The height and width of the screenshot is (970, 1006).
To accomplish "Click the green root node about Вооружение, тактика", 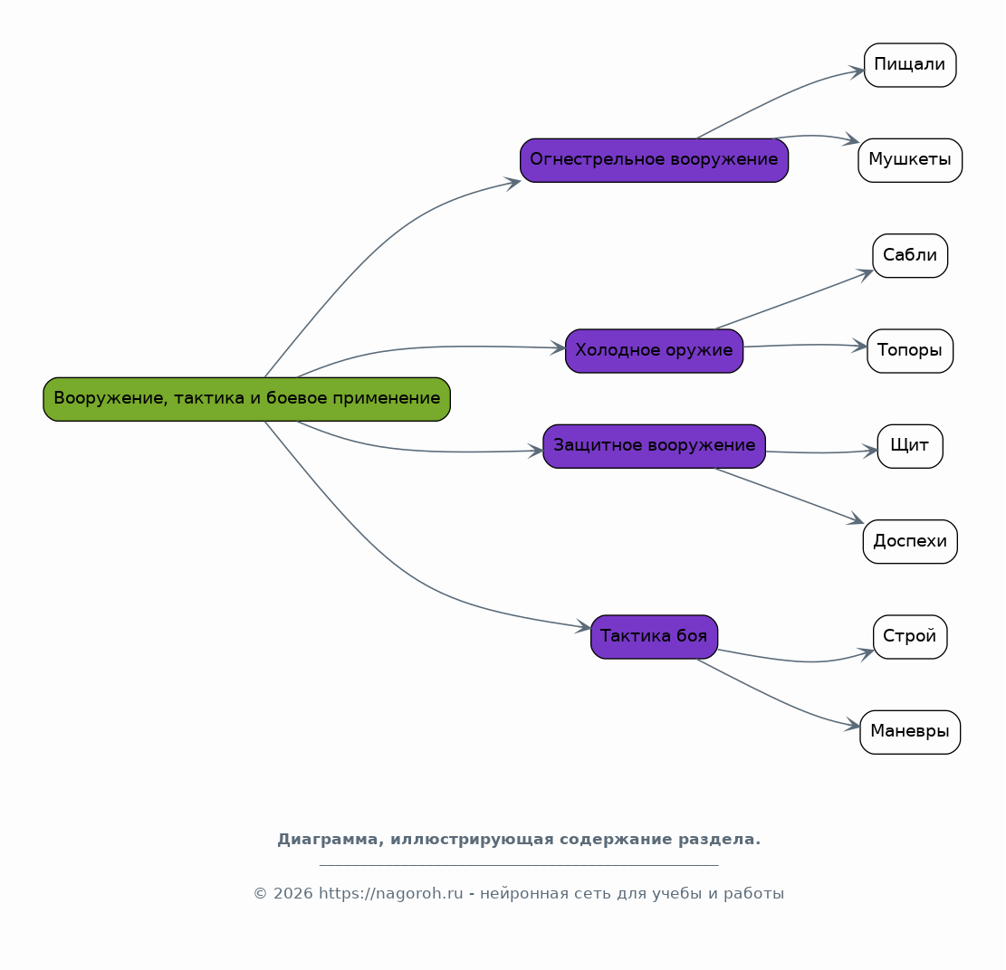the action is (x=246, y=399).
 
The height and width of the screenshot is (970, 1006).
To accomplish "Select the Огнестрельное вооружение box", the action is (x=654, y=160).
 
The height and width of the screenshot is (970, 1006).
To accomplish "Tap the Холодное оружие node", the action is (x=654, y=351).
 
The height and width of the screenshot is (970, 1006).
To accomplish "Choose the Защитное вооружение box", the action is (x=654, y=446).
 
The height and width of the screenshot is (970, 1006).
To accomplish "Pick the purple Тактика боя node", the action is (x=654, y=637).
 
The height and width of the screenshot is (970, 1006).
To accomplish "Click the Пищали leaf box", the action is (x=910, y=65).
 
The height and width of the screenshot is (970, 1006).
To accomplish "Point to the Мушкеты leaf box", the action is (x=910, y=160).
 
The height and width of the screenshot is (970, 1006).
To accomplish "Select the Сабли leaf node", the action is (x=910, y=256).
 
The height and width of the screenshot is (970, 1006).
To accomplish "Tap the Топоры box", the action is (x=910, y=351).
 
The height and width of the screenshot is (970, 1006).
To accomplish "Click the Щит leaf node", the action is (x=910, y=446).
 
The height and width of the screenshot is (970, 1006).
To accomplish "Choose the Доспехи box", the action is (x=910, y=542).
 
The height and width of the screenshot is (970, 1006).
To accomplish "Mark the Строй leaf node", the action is (x=910, y=637).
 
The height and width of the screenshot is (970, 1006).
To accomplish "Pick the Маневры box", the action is (x=910, y=732).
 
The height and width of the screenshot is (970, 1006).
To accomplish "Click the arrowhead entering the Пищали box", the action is (x=857, y=71).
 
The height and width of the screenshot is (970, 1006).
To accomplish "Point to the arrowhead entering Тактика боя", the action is (x=583, y=626).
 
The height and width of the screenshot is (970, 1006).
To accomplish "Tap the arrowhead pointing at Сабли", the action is (x=866, y=274).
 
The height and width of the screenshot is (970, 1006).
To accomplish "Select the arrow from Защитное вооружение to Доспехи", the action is (x=790, y=495).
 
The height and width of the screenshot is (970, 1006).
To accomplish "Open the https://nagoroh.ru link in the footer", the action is (x=391, y=893).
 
